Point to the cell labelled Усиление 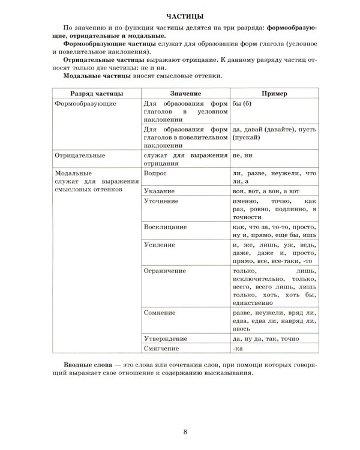[x=160, y=245]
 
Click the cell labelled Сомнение [x=161, y=313]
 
